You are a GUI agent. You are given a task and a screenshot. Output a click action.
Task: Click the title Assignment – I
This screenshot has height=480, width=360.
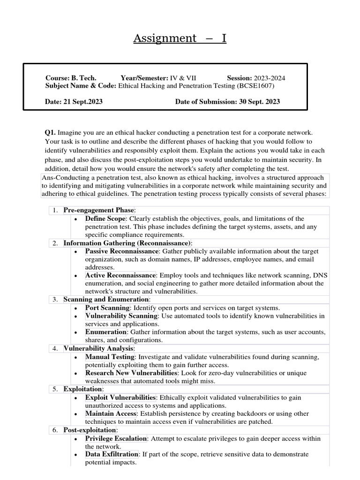click(180, 38)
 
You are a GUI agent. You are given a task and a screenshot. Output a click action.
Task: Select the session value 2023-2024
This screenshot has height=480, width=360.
click(269, 78)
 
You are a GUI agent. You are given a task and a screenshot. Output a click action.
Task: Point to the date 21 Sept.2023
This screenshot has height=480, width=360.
click(85, 102)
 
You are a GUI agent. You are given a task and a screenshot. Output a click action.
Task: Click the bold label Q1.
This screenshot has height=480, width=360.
click(51, 133)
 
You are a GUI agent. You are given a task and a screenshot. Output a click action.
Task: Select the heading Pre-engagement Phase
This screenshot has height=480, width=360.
click(98, 210)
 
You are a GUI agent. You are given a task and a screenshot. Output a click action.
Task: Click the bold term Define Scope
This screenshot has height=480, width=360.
click(105, 218)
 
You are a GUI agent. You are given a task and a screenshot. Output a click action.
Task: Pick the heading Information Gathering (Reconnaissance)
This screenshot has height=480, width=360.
click(127, 243)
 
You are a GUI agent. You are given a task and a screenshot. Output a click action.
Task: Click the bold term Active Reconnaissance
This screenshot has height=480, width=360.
click(120, 275)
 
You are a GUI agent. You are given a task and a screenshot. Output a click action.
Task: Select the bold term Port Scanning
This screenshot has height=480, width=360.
click(107, 307)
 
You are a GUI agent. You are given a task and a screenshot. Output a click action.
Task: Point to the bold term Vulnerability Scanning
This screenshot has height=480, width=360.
click(121, 316)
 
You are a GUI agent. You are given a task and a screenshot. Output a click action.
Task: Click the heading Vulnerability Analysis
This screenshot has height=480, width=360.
click(99, 348)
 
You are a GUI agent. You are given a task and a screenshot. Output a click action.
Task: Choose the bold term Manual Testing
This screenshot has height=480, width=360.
click(111, 357)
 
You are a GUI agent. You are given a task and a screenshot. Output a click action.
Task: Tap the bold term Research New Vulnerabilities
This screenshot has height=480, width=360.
click(131, 373)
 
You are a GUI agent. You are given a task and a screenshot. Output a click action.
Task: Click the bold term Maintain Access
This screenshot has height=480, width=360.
click(111, 413)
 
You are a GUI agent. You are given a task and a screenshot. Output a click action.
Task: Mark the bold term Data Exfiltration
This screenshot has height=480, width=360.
click(112, 454)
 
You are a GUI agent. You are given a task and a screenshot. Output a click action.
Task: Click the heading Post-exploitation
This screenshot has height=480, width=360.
click(90, 430)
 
